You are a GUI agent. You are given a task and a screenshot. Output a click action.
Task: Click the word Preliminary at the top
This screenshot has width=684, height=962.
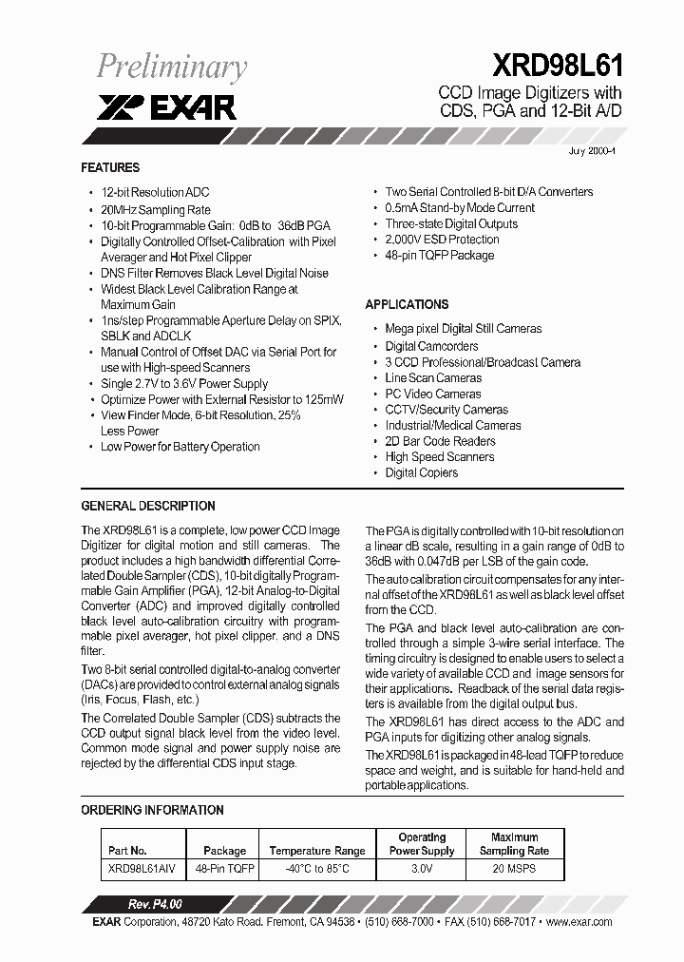(x=172, y=67)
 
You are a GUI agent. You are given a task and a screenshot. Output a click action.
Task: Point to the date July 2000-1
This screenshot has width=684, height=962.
(x=592, y=152)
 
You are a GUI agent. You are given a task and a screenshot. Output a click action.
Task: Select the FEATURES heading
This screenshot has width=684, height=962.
(x=110, y=167)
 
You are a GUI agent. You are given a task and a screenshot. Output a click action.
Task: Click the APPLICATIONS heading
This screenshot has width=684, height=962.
(x=407, y=305)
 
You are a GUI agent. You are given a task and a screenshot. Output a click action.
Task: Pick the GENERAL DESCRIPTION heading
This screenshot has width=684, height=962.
(x=148, y=507)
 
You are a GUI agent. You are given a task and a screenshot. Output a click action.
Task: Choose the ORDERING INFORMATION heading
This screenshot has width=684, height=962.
(x=152, y=811)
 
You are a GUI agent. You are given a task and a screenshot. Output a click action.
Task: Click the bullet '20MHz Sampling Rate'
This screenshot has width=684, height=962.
(x=155, y=209)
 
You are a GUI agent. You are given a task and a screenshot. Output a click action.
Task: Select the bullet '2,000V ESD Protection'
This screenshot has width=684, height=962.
(x=442, y=240)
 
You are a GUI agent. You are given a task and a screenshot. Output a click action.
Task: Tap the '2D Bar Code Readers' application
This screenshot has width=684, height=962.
(x=440, y=441)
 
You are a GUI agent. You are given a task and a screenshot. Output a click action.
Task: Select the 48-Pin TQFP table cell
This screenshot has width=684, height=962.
(x=224, y=869)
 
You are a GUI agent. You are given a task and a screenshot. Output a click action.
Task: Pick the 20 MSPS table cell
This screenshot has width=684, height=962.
(x=514, y=869)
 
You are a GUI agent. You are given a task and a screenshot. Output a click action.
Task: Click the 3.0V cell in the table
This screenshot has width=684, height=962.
(x=422, y=869)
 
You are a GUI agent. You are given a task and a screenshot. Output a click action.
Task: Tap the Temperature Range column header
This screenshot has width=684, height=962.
(x=317, y=851)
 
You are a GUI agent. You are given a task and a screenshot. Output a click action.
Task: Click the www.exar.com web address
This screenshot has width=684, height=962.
(x=579, y=922)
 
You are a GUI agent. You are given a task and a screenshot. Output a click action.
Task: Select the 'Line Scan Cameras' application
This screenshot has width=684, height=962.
(x=433, y=378)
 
